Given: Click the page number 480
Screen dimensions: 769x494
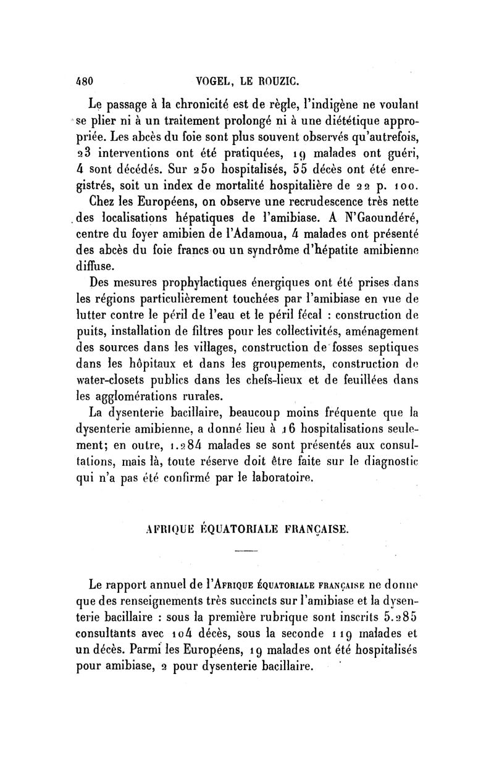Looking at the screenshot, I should point(83,80).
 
